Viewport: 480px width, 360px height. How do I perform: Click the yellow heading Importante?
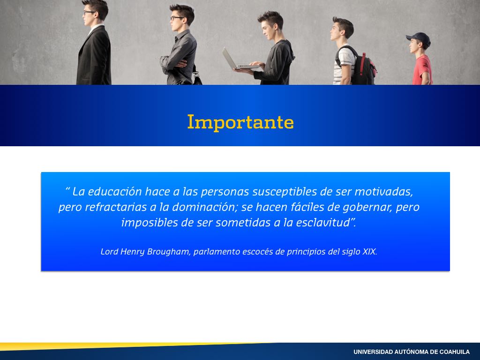(x=240, y=122)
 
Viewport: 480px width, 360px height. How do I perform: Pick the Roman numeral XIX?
(x=369, y=252)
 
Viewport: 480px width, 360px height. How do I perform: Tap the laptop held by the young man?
(x=238, y=60)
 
